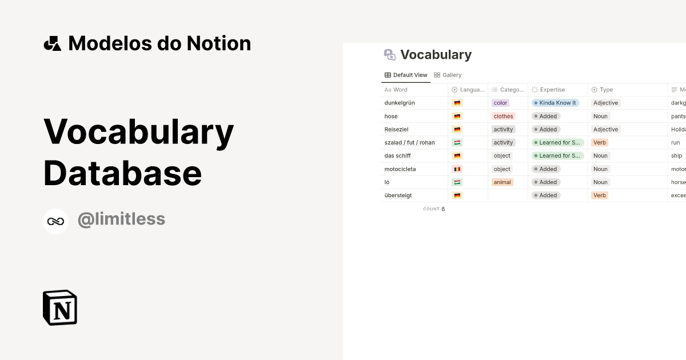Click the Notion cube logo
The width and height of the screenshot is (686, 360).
[x=59, y=308]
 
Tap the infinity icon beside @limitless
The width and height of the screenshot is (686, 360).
[x=55, y=221]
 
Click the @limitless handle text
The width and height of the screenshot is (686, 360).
[x=121, y=219]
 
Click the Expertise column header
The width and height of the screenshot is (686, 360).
[x=552, y=90]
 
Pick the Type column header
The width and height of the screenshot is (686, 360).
[x=606, y=90]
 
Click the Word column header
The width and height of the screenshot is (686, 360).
[x=400, y=90]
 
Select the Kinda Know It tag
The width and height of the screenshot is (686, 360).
[x=555, y=103]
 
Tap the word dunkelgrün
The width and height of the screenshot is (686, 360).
[x=400, y=103]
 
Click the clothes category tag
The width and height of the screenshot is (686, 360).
[x=503, y=116]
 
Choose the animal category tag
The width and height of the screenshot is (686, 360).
[x=502, y=182]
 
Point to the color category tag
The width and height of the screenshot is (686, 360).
[x=500, y=103]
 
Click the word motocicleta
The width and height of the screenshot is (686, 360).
[x=400, y=169]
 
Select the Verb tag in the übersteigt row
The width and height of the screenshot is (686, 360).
[x=599, y=195]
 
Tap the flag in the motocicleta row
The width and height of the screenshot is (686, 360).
[x=457, y=169]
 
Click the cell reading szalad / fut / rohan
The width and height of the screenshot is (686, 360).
[x=409, y=142]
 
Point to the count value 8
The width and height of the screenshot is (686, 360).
[x=443, y=209]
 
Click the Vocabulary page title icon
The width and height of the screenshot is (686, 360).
[x=390, y=55]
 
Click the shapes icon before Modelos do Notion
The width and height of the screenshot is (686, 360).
[x=52, y=43]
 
